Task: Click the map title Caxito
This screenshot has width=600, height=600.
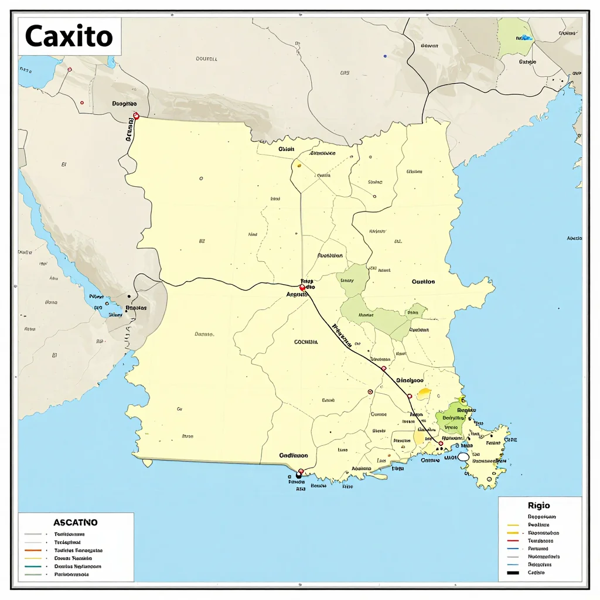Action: [x=69, y=36]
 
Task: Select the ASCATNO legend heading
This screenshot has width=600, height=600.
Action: [x=76, y=522]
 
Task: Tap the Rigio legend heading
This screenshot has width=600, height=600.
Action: [x=538, y=505]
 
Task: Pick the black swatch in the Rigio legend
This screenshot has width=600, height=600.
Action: [x=513, y=572]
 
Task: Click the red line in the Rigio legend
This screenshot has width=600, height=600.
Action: [x=513, y=541]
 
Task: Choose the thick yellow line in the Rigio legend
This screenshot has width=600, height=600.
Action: [x=513, y=533]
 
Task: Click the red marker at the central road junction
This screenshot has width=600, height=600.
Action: [x=302, y=288]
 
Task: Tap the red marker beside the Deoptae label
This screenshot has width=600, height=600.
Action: [x=136, y=116]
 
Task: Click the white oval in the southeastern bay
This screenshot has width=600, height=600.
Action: [x=463, y=456]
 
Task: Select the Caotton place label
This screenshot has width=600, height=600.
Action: [x=423, y=282]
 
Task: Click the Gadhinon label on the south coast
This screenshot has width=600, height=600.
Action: [x=293, y=455]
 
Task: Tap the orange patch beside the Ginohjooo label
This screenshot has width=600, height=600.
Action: [x=424, y=393]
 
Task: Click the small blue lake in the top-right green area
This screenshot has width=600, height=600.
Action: [x=525, y=37]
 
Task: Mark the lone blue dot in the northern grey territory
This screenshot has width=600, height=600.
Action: [x=385, y=56]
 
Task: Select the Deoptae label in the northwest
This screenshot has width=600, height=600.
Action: [x=124, y=103]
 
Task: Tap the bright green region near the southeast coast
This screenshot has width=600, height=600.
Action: [x=451, y=418]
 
